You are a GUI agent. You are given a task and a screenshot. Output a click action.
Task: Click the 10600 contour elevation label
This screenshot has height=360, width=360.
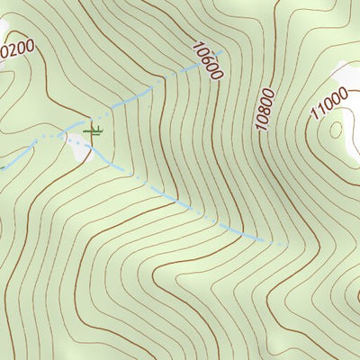click(x=206, y=60)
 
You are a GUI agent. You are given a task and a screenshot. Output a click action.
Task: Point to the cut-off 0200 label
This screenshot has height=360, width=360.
click(x=15, y=49)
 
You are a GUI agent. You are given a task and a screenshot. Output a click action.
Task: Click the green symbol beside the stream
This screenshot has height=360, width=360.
click(x=92, y=131)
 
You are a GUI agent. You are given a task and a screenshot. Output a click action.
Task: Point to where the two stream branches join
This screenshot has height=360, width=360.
click(x=65, y=135)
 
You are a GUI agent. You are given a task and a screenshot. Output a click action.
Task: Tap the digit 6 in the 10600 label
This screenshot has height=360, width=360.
click(x=204, y=57)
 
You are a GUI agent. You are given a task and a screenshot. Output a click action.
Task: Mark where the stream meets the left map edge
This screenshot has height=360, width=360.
click(x=2, y=166)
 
